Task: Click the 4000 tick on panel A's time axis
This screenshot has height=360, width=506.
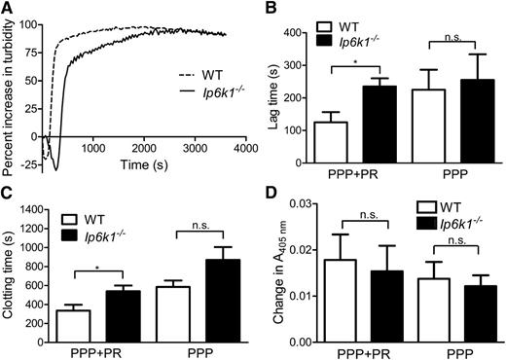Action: (242, 148)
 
